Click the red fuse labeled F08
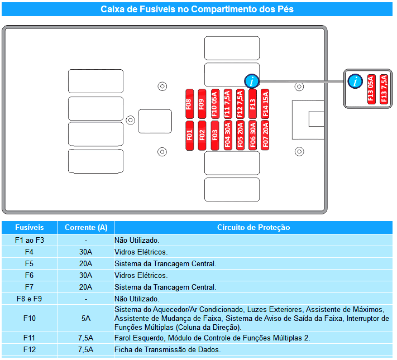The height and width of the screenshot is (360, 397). (x=189, y=104)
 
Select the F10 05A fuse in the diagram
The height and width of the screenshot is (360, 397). (x=215, y=104)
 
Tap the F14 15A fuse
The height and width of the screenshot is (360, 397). (x=265, y=104)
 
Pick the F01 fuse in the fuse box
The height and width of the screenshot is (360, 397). (x=190, y=136)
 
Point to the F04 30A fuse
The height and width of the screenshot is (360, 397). (x=228, y=136)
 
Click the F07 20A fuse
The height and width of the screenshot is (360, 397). (x=265, y=136)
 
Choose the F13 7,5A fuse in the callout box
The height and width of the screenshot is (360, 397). (x=384, y=89)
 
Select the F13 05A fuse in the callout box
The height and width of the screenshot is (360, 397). (x=371, y=89)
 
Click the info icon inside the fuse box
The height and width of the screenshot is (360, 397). (x=252, y=81)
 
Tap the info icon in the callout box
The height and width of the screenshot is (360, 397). (x=355, y=81)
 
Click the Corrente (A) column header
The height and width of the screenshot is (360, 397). (x=86, y=227)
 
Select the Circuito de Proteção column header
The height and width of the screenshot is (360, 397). (x=253, y=227)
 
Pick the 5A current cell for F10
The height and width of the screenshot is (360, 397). (x=86, y=318)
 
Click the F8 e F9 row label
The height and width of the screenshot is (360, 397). (x=30, y=299)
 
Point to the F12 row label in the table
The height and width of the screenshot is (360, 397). (x=30, y=349)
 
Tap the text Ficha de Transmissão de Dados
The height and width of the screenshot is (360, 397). (x=168, y=349)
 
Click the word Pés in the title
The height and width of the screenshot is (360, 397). (x=285, y=9)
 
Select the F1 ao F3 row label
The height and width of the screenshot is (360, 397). (x=30, y=240)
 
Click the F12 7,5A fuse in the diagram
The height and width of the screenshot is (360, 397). (x=240, y=104)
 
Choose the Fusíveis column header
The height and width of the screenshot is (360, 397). (x=30, y=227)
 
